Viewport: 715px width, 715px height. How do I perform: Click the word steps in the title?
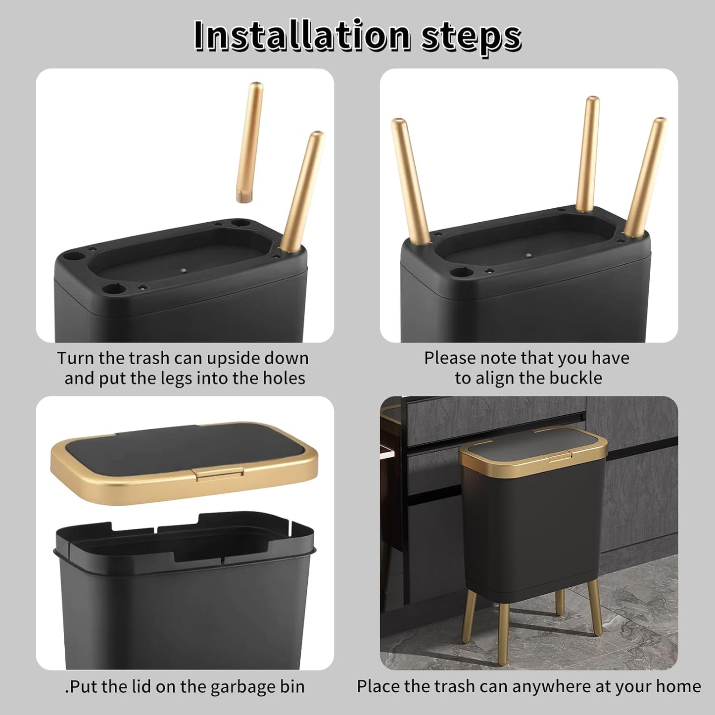click(x=471, y=36)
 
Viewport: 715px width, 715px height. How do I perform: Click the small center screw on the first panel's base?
click(x=184, y=271)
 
